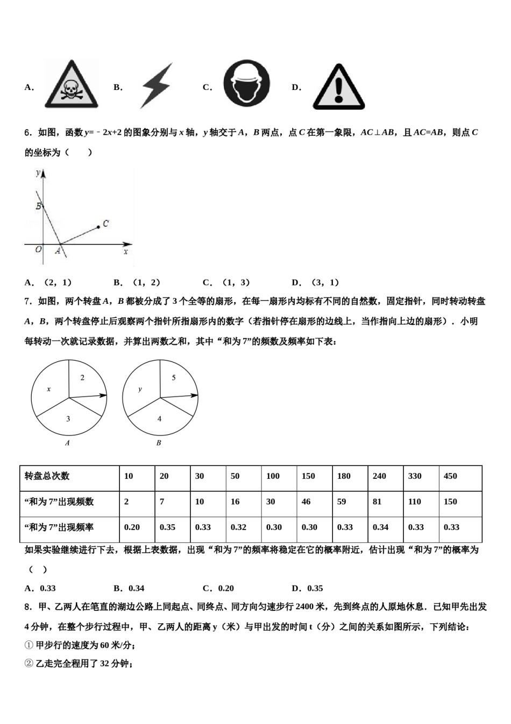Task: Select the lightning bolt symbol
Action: click(157, 86)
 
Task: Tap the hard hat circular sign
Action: click(246, 83)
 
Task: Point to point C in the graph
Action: click(99, 227)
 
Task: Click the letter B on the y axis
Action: click(38, 206)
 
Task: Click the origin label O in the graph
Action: click(38, 249)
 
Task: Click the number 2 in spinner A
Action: click(82, 378)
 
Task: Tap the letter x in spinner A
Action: click(48, 389)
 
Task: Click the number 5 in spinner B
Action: click(173, 378)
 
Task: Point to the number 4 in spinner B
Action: click(159, 419)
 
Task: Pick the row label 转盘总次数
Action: click(47, 476)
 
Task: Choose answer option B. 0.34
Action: click(129, 588)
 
